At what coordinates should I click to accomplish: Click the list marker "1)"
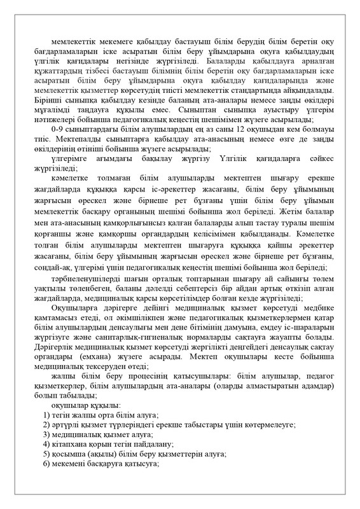(x=46, y=414)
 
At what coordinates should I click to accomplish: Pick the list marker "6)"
(x=46, y=464)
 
